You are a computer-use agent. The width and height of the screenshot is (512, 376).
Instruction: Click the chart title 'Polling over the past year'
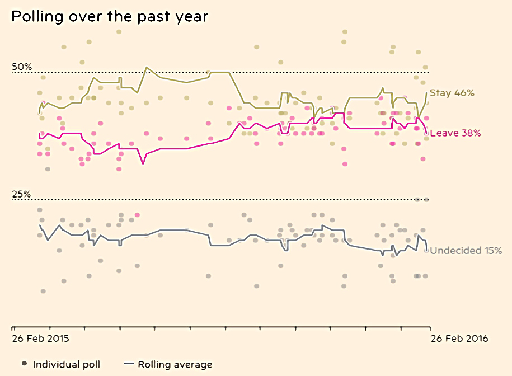click(x=110, y=17)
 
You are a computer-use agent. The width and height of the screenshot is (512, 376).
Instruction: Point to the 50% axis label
click(x=22, y=67)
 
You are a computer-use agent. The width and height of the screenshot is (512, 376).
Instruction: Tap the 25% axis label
click(x=21, y=194)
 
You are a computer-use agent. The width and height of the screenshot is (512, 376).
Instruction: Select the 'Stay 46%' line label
click(x=452, y=93)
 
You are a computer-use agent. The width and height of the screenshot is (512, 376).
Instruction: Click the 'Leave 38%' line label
click(x=455, y=133)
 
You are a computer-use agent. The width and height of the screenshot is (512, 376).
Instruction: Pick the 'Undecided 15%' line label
click(x=466, y=251)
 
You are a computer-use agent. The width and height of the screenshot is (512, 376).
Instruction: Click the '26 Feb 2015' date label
click(x=40, y=339)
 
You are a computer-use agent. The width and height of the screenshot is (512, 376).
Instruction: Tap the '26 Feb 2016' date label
click(x=459, y=339)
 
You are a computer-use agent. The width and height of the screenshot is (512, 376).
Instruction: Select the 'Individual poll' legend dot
click(x=24, y=364)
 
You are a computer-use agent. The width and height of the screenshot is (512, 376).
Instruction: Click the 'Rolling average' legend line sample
click(x=129, y=364)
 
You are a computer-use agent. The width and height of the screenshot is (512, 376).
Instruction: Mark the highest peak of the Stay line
click(x=147, y=68)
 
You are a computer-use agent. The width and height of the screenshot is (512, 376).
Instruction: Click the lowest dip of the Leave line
click(x=143, y=163)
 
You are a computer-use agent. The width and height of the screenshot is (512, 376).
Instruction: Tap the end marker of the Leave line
click(x=426, y=133)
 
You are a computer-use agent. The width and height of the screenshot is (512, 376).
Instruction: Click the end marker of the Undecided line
click(x=426, y=251)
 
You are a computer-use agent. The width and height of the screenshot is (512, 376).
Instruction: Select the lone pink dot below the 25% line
click(x=137, y=215)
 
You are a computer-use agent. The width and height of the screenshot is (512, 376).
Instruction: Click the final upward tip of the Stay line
click(x=426, y=93)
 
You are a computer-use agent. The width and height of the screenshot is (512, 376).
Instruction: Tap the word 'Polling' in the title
click(x=37, y=17)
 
